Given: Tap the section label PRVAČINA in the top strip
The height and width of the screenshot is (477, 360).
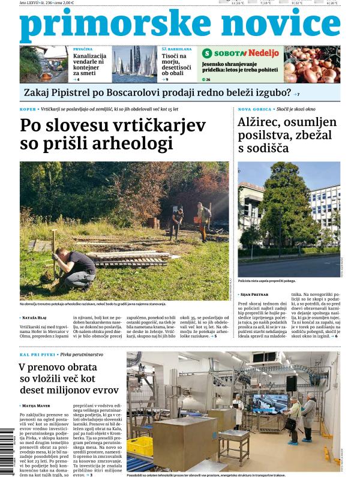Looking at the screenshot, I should click(x=82, y=49).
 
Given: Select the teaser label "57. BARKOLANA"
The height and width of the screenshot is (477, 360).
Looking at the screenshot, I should click(x=173, y=49).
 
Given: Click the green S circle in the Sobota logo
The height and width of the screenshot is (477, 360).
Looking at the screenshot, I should click(x=208, y=53).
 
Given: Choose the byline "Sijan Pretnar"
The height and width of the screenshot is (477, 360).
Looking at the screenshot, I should click(x=256, y=295).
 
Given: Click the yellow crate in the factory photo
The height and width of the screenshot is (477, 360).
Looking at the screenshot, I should click(x=142, y=445).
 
